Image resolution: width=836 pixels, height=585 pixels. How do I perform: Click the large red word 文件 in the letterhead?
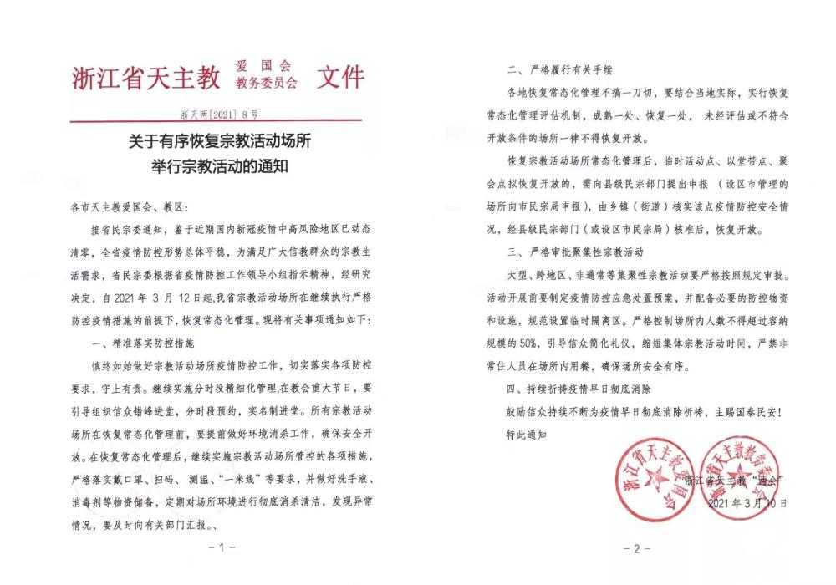pyautogui.click(x=340, y=77)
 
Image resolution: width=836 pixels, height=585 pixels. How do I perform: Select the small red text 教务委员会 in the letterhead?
pyautogui.click(x=266, y=84)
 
